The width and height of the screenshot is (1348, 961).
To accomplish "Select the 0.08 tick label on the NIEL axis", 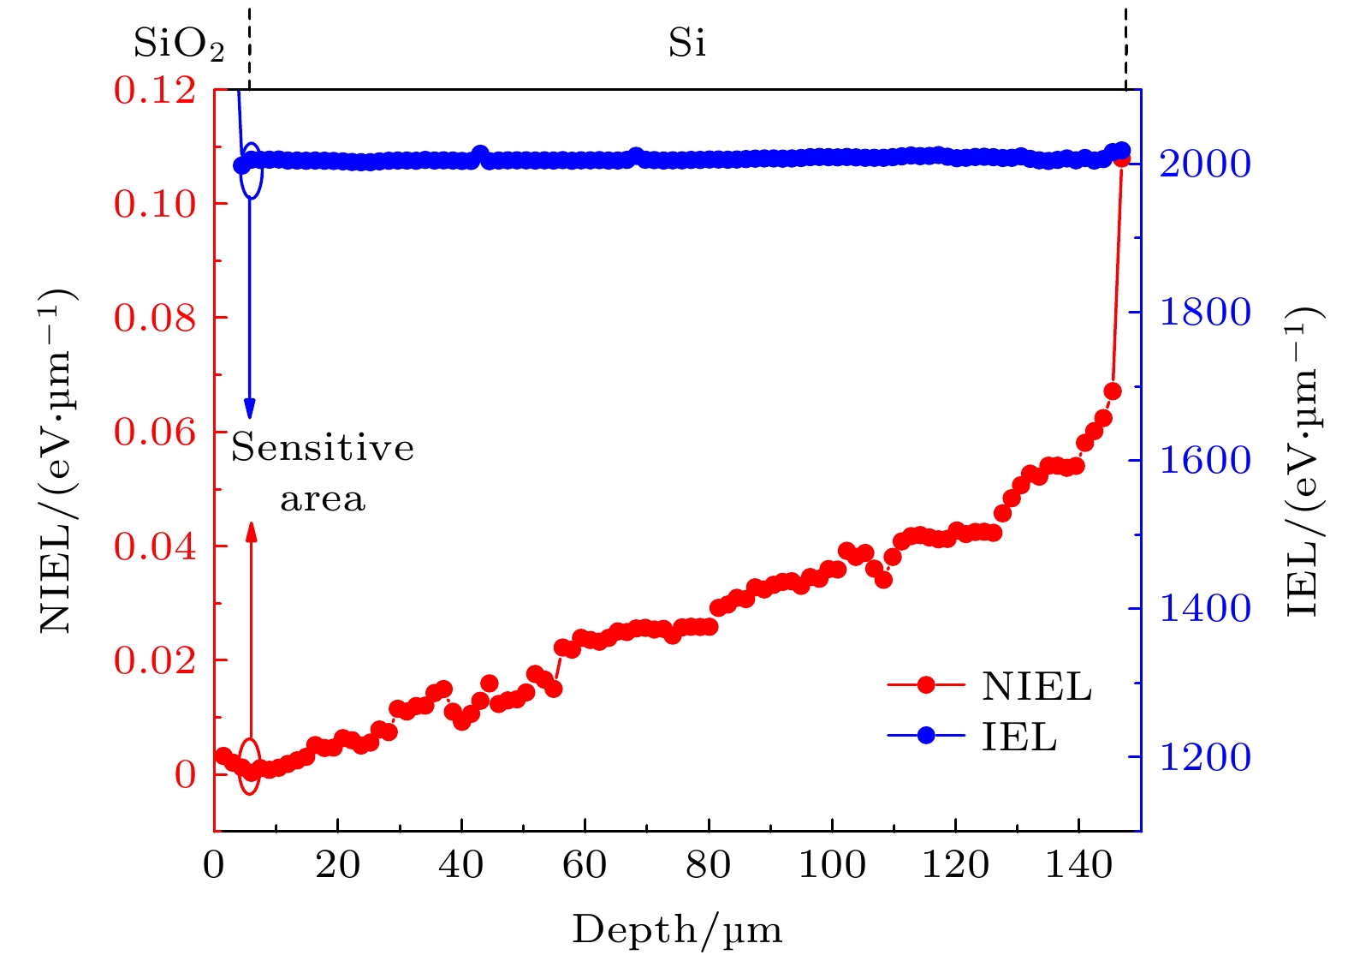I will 155,318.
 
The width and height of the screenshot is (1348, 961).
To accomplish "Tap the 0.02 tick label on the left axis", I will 155,660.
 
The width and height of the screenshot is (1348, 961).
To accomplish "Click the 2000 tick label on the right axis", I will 1205,164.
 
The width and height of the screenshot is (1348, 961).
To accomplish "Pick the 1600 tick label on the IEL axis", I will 1205,461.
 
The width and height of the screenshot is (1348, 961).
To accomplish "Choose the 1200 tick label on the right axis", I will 1205,757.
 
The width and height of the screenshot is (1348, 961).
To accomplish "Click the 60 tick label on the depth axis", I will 585,866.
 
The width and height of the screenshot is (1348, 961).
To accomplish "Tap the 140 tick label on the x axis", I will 1078,866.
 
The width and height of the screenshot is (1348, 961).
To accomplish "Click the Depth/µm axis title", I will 677,930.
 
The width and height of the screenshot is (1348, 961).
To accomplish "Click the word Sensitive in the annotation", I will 323,448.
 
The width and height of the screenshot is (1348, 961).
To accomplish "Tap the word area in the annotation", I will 323,499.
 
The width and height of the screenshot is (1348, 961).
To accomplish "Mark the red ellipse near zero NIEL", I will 249,766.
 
